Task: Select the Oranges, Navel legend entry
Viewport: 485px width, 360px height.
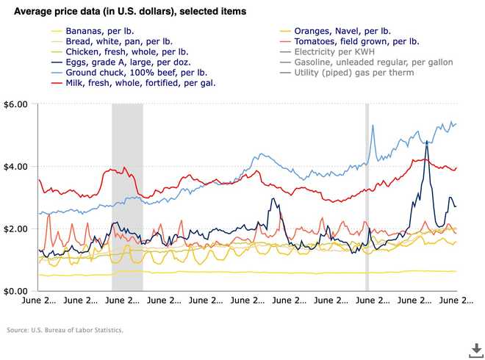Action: pos(342,32)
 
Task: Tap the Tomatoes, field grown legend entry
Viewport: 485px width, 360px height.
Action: pos(356,43)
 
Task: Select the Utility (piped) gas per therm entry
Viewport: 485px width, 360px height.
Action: pos(353,73)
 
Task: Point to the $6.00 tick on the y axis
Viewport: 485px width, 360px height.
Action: pos(15,104)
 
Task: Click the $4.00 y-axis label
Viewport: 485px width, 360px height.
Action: pos(15,167)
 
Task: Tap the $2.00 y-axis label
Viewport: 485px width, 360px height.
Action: pos(15,229)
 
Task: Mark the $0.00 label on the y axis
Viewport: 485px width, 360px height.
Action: pos(15,292)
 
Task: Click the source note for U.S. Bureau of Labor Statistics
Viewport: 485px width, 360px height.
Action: pos(65,330)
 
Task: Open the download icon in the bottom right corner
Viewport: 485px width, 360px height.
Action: pos(475,348)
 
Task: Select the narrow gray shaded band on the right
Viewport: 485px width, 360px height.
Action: pos(367,198)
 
